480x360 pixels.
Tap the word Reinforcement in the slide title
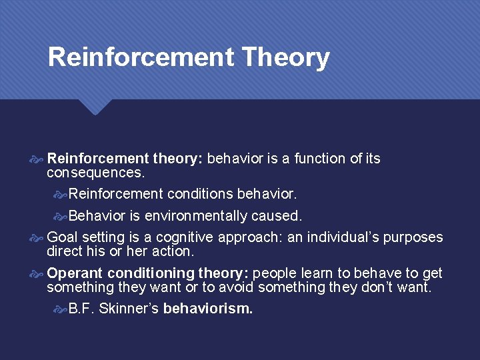click(141, 57)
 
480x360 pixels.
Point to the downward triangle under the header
click(95, 107)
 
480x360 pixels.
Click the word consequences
click(95, 173)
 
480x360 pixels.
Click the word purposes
click(413, 237)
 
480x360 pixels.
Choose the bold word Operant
click(75, 273)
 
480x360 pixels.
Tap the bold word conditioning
click(151, 273)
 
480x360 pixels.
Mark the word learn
click(314, 273)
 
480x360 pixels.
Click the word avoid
click(235, 287)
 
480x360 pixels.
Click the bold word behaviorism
click(208, 309)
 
